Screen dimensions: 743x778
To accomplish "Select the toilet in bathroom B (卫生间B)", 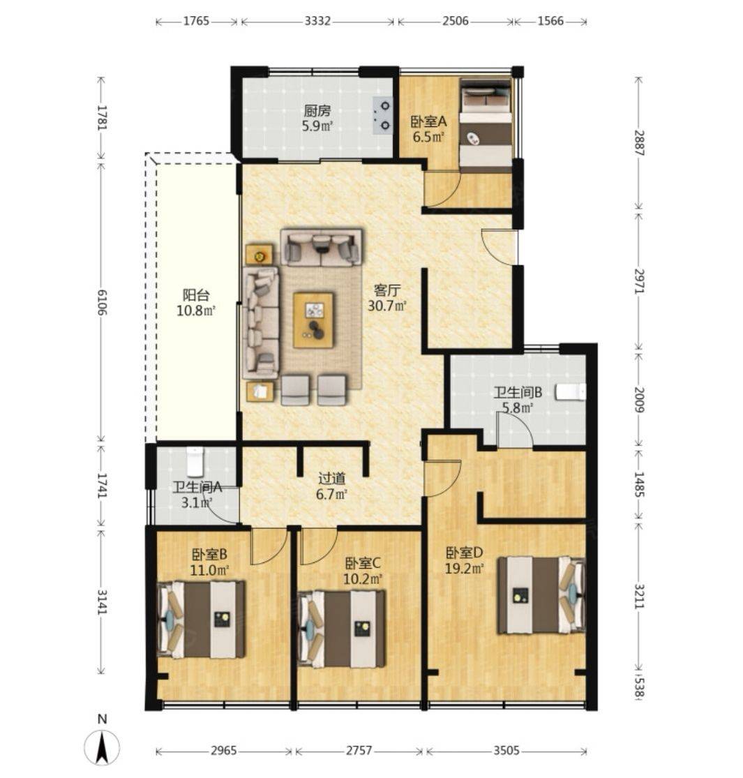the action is [571, 392].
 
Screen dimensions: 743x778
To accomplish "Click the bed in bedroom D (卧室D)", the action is [541, 595].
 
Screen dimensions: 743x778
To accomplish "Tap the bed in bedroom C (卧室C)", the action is [341, 629].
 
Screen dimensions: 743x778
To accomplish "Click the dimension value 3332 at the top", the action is [317, 22].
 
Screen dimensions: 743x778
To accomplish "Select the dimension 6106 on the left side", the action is [102, 301].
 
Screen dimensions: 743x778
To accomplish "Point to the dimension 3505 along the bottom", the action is [506, 750].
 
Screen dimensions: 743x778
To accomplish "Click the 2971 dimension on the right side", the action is [639, 281].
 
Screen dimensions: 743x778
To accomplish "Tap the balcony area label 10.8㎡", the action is [196, 311].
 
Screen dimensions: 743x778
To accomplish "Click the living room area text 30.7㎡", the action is [387, 306].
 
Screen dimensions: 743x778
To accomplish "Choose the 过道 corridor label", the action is [331, 479].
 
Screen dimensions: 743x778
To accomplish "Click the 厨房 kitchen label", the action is [317, 110].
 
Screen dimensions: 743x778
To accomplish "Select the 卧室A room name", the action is [428, 121].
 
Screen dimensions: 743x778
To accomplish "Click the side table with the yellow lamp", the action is [259, 255].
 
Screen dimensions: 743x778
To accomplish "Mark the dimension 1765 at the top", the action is [197, 22].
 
